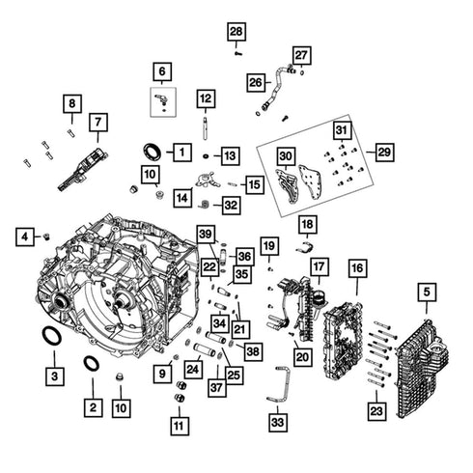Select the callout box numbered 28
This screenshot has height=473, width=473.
click(236, 32)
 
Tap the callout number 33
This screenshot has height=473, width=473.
click(279, 421)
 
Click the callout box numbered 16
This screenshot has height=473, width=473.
click(357, 266)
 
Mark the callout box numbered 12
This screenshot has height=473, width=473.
click(206, 97)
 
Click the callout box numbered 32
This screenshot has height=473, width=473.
click(229, 205)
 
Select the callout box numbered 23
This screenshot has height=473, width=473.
click(375, 410)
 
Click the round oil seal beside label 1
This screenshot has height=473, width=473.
click(153, 151)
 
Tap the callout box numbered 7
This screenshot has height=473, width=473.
click(97, 123)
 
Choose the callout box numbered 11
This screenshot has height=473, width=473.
click(179, 423)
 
